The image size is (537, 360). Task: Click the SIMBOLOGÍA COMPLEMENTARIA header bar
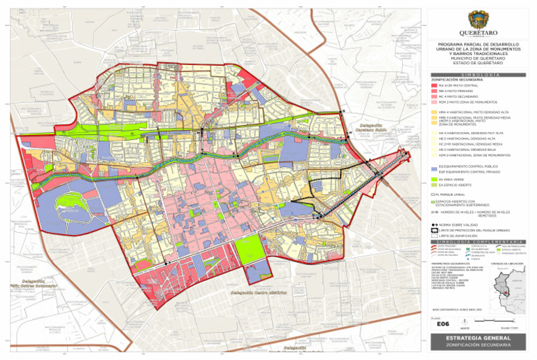click(475, 242)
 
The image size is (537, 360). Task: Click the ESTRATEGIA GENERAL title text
click(475, 339)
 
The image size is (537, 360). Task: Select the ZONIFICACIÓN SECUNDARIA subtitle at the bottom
click(475, 347)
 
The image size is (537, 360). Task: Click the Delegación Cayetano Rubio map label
click(368, 129)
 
